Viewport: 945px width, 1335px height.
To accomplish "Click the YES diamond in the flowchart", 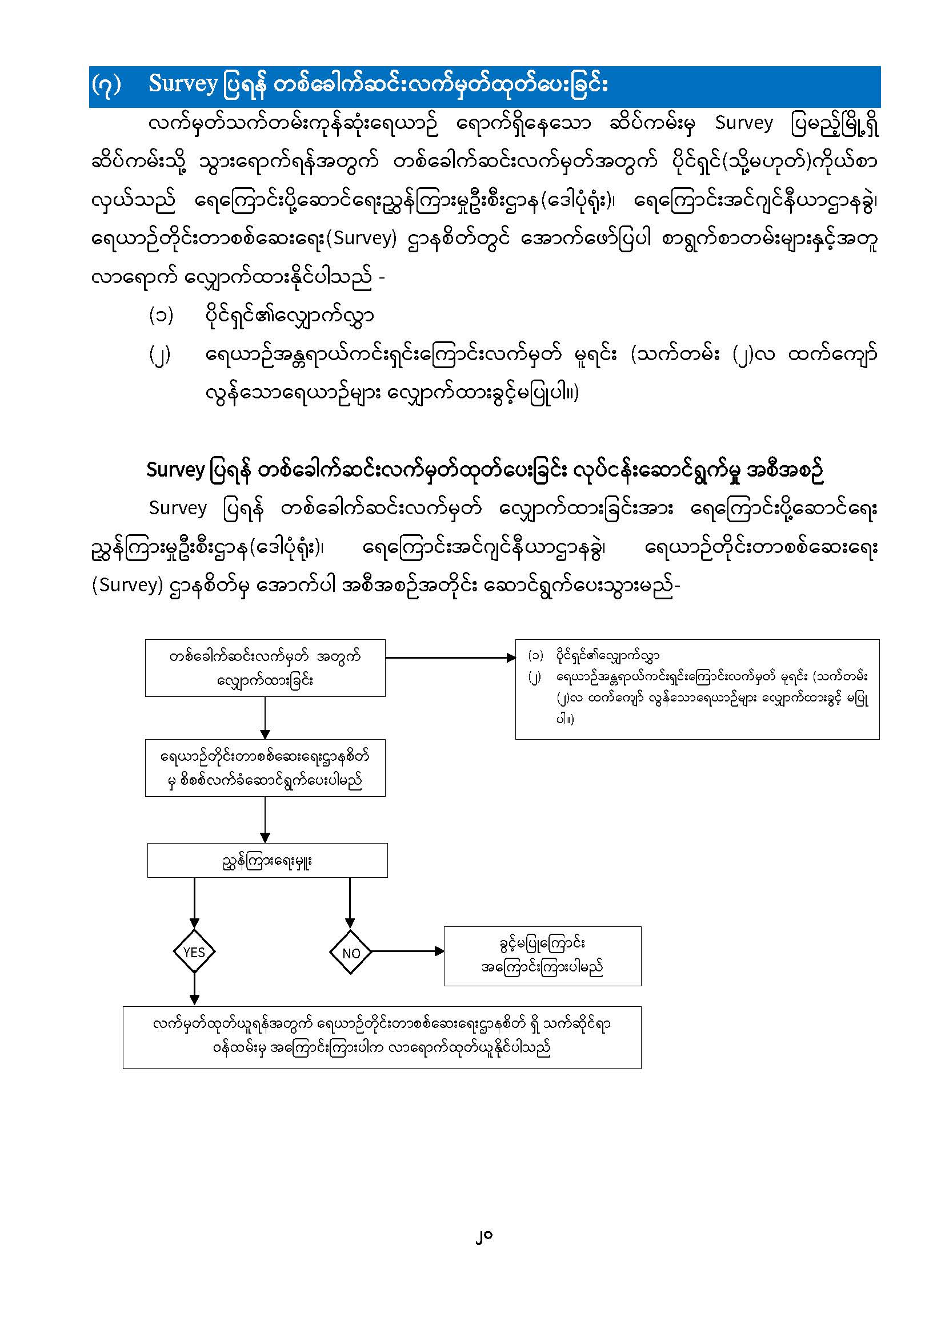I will tap(194, 952).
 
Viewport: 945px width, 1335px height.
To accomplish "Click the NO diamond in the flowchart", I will tap(350, 953).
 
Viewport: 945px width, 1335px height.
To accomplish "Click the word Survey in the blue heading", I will tap(183, 84).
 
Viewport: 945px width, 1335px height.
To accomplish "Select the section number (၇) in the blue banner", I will tap(106, 85).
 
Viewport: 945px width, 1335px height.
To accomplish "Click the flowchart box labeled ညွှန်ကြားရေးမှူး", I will tap(267, 861).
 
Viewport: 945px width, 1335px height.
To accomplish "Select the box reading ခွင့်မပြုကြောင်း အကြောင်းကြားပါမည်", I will tap(542, 956).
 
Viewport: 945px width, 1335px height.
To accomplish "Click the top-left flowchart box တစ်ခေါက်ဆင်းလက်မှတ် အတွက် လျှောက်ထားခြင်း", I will tap(265, 668).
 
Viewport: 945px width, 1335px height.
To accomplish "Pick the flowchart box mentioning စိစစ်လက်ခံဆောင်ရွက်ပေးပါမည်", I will tap(265, 768).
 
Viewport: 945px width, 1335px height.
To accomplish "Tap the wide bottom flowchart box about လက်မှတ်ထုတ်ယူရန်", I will tap(382, 1037).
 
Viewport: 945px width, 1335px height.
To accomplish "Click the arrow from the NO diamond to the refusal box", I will tap(407, 951).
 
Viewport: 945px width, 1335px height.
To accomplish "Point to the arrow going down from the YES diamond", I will tap(194, 989).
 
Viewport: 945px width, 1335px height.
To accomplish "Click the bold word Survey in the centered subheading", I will tap(175, 470).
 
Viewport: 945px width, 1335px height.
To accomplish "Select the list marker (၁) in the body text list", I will tap(161, 316).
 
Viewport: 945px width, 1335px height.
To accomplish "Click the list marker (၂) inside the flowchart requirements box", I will tap(535, 677).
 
